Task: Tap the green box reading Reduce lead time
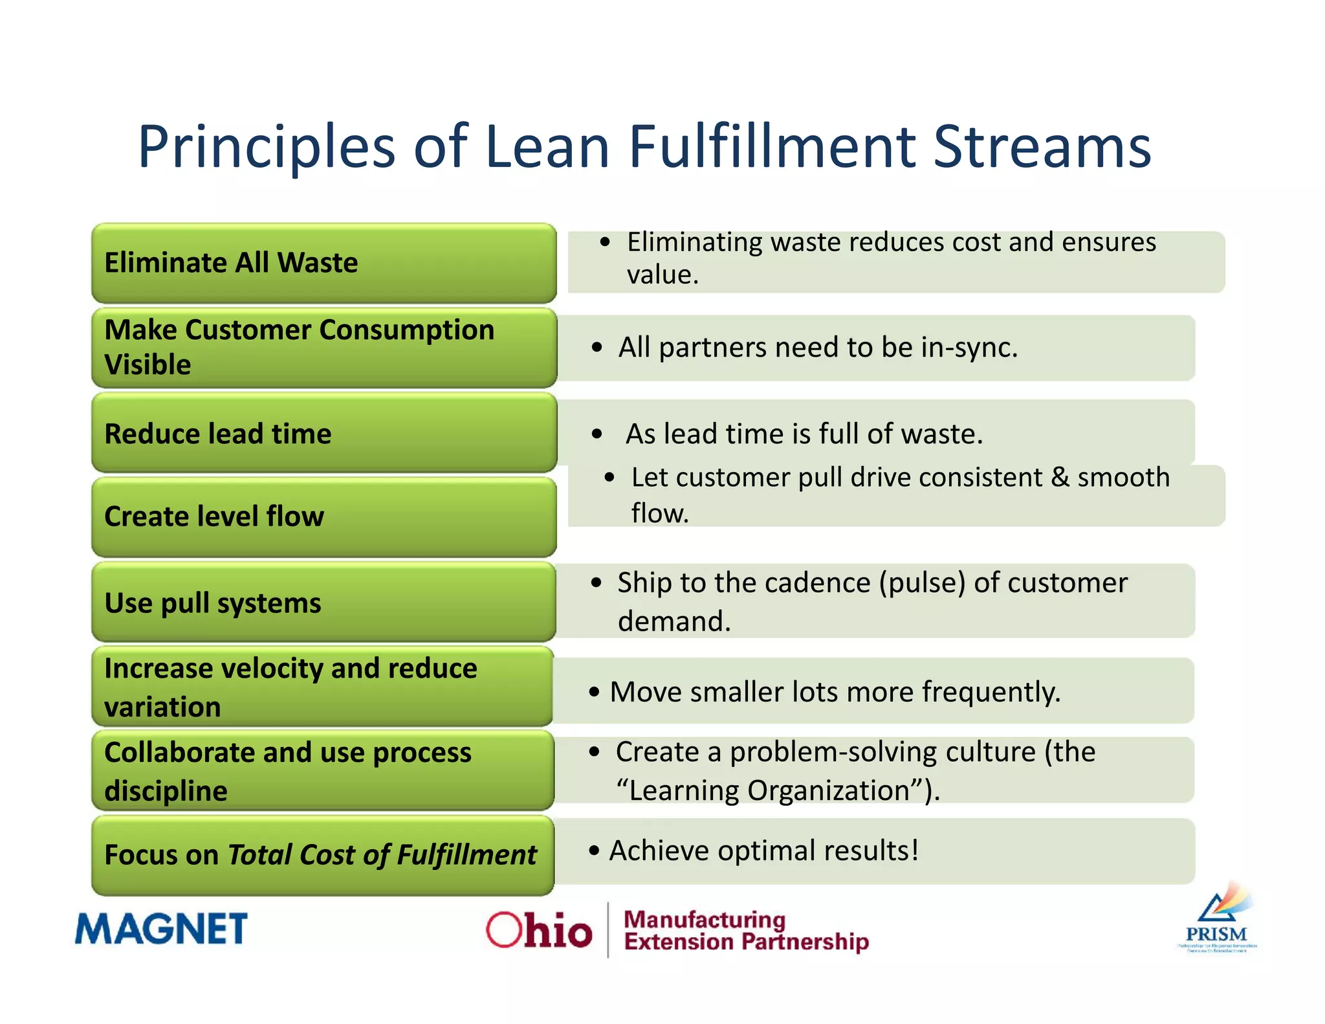(323, 434)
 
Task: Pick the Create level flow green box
(323, 517)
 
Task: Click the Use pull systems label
(213, 603)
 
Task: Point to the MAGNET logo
(161, 929)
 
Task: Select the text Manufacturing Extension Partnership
(745, 931)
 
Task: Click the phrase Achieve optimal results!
(763, 851)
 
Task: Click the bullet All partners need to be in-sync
(818, 348)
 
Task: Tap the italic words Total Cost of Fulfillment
(382, 855)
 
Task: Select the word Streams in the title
(1042, 147)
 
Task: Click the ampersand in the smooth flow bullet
(1060, 478)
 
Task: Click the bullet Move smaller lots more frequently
(835, 692)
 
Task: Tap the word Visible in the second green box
(148, 365)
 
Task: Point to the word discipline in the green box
(166, 791)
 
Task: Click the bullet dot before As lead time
(597, 434)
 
